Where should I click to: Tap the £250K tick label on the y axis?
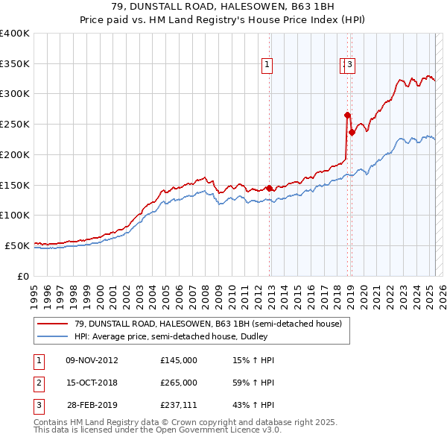[16, 124]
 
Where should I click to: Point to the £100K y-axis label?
[16, 215]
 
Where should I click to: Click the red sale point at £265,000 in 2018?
[347, 115]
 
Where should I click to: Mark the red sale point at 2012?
[269, 188]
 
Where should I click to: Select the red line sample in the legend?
[53, 324]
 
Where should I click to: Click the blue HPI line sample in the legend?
[53, 336]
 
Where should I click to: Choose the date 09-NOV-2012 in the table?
[92, 360]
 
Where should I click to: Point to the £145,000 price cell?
[179, 360]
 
